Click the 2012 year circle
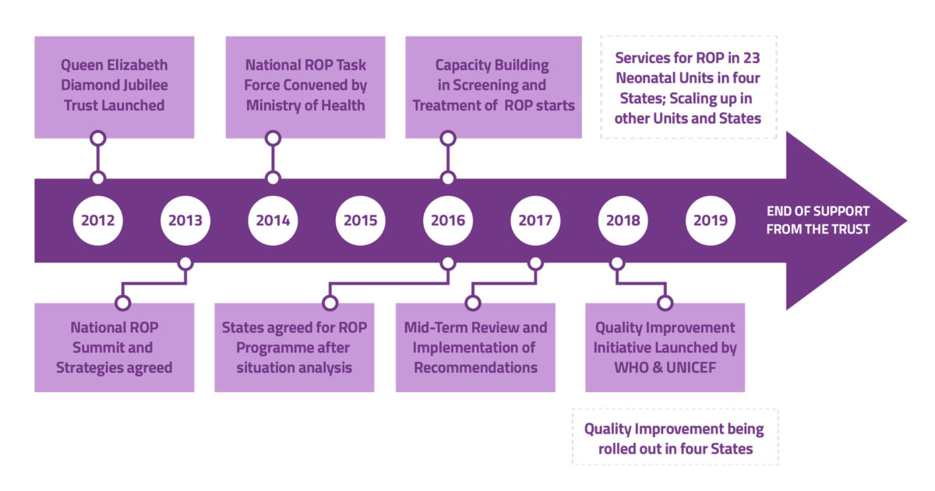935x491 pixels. coord(98,220)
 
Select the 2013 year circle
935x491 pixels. coord(185,220)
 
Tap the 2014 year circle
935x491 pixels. coord(273,220)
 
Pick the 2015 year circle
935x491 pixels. coord(360,220)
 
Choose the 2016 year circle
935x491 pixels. coord(447,220)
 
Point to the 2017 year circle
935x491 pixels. coord(535,220)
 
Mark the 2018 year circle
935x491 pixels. coord(622,220)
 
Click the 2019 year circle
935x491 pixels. coord(709,220)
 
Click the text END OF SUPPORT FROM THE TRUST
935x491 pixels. coord(817,220)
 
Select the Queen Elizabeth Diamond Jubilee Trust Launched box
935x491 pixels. coord(115,86)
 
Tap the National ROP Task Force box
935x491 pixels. coord(305,86)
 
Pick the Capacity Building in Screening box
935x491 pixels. coord(493,86)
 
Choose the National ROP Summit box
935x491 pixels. coord(115,347)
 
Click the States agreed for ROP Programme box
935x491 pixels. coord(294,347)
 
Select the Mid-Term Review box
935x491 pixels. coord(475,347)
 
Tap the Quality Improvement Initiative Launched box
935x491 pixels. coord(665,347)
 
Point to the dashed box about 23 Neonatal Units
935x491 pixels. coord(688,88)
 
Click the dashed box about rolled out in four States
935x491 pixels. coord(675,437)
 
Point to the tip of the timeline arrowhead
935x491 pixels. coord(906,221)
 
